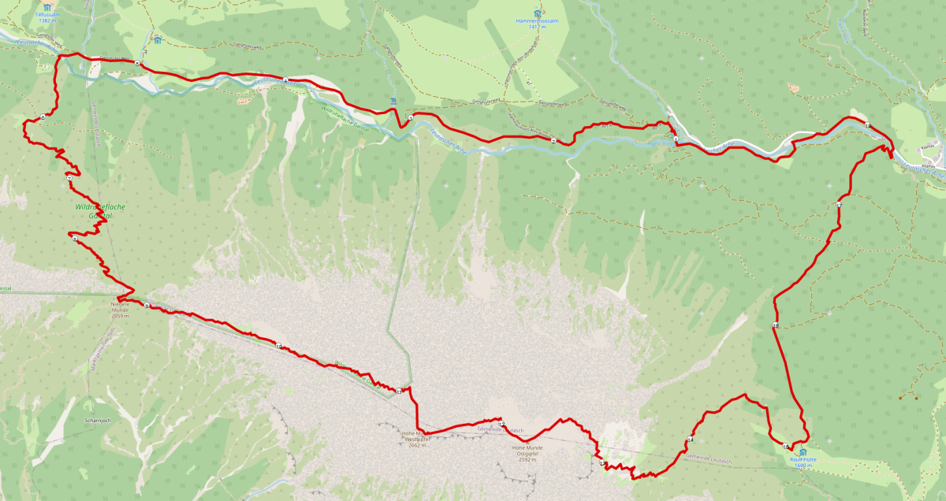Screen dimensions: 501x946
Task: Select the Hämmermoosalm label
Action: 537,20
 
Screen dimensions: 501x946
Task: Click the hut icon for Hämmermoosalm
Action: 538,13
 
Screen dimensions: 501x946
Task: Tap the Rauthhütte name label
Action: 802,458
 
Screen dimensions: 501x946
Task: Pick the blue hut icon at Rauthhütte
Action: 803,451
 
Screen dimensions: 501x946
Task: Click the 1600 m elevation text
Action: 803,466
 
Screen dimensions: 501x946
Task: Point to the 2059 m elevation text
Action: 121,316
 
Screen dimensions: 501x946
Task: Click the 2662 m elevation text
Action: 418,445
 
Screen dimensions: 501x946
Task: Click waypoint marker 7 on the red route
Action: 69,179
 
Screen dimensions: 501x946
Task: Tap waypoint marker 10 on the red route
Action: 278,345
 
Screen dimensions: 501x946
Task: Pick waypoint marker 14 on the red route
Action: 690,440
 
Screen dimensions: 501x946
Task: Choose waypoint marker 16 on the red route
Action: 776,326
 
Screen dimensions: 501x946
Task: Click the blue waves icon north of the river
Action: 393,101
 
